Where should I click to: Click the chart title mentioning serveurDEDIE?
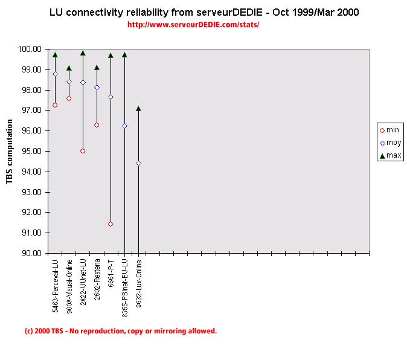(x=203, y=13)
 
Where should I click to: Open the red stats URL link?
(x=194, y=25)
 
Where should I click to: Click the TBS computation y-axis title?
(x=10, y=151)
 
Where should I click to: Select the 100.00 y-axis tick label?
(x=31, y=49)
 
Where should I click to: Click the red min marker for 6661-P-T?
(x=111, y=224)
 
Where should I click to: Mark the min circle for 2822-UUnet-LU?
(x=83, y=151)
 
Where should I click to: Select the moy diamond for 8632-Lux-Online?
(x=138, y=163)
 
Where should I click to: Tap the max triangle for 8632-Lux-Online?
(x=138, y=109)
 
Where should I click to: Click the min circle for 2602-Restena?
(x=97, y=125)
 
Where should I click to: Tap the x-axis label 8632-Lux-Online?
(x=139, y=283)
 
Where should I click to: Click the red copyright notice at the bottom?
(x=120, y=331)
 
